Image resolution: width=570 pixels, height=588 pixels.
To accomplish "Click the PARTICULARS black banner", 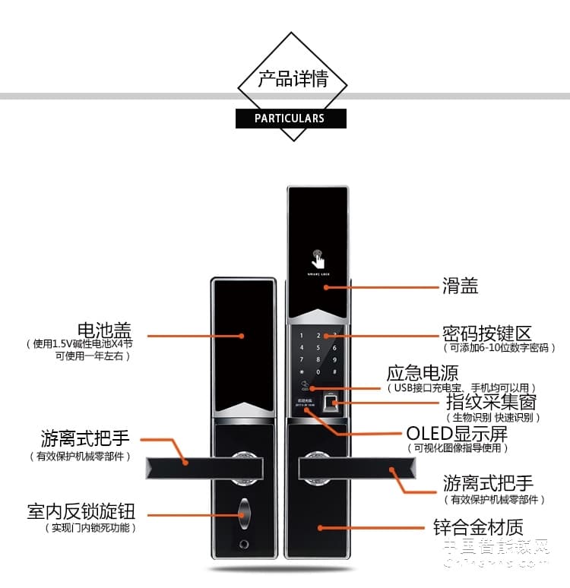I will pos(290,119).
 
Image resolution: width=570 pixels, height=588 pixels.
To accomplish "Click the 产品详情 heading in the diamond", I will pos(293,79).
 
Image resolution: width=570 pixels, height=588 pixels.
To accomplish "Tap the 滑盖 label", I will pos(461,286).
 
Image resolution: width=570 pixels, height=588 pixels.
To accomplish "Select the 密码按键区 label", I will pos(487,334).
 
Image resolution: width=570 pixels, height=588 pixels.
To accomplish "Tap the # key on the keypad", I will pos(334,373).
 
